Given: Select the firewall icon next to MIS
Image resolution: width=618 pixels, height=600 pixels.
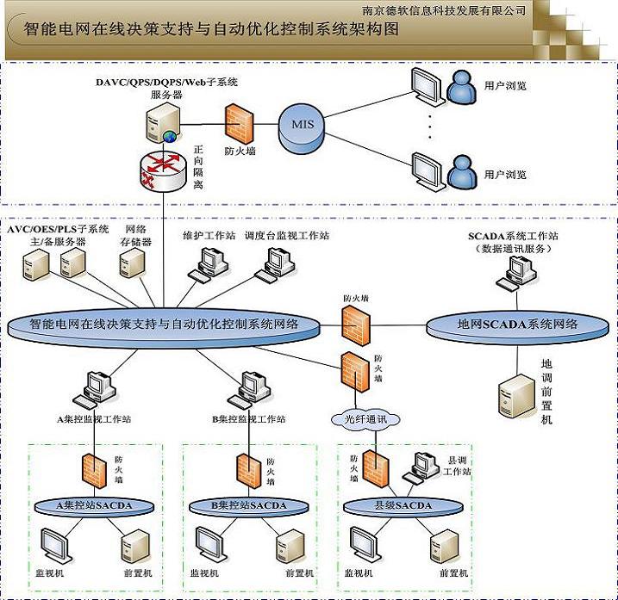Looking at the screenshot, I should click(238, 123).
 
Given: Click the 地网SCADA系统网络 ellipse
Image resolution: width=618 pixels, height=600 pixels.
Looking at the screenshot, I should click(517, 325).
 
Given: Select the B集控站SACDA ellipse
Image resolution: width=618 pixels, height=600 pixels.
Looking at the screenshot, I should click(248, 504).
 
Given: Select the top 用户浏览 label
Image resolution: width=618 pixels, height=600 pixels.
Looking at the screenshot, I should click(505, 85).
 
